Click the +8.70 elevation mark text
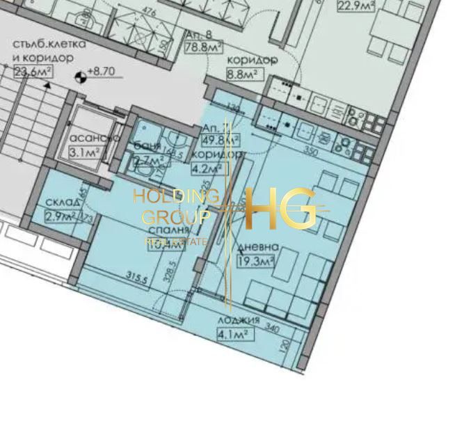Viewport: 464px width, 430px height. [x=103, y=71]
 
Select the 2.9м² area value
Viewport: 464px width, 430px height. [x=58, y=216]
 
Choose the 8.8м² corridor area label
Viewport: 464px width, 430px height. [x=242, y=72]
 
